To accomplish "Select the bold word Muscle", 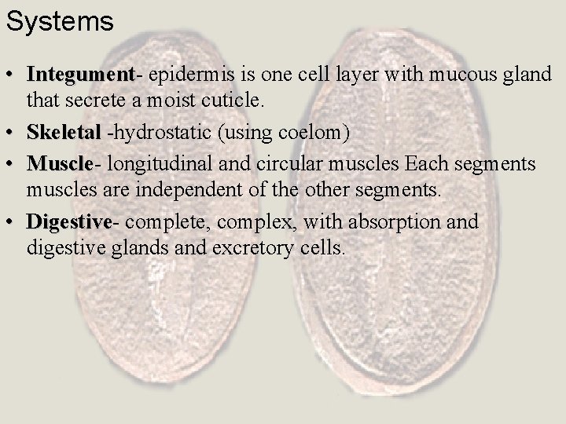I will (x=60, y=164).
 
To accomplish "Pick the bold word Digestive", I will (x=69, y=222).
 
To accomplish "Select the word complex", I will (x=252, y=222).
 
